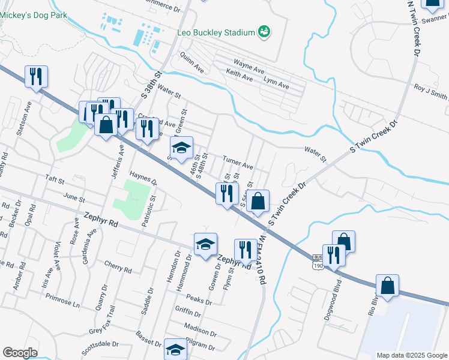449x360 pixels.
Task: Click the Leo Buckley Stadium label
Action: [x=215, y=32]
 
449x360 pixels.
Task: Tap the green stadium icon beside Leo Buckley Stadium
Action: [x=264, y=31]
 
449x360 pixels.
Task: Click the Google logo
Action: [x=20, y=353]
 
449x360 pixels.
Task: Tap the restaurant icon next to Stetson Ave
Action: [x=36, y=77]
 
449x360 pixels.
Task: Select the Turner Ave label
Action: [x=238, y=162]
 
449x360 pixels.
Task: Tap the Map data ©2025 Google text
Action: [x=411, y=355]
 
